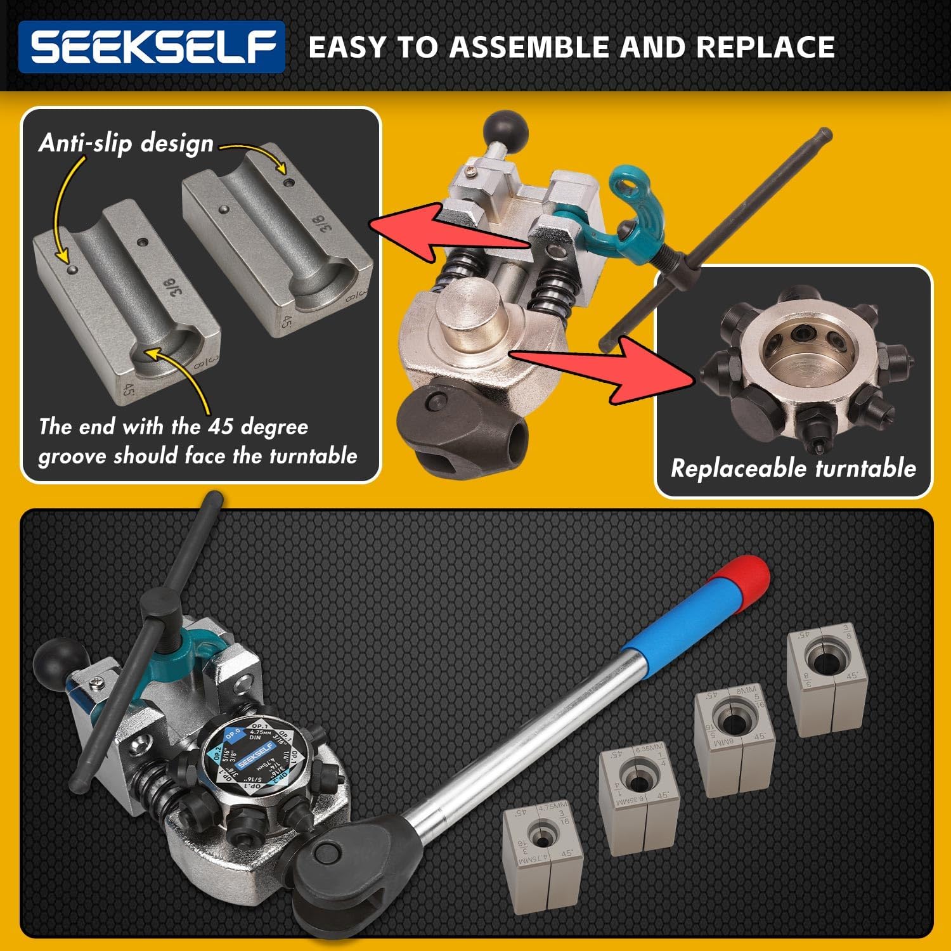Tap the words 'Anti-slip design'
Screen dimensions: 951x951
coord(126,143)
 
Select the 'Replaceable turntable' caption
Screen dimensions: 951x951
coord(793,468)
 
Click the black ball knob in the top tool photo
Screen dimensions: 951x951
coord(505,130)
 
